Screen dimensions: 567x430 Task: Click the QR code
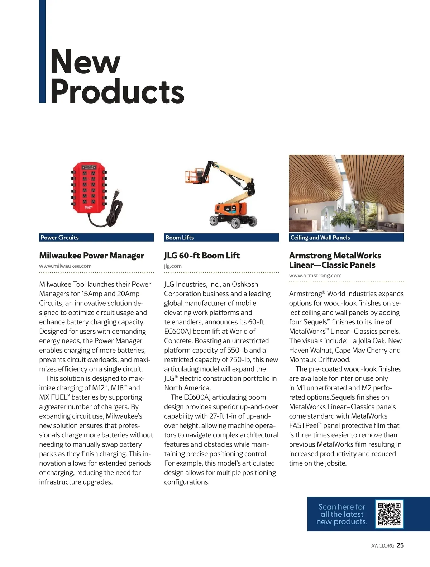(389, 514)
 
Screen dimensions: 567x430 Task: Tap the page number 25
(400, 545)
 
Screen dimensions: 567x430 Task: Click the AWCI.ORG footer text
(382, 545)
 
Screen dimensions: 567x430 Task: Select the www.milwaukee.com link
(65, 266)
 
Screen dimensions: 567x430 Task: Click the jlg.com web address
(173, 266)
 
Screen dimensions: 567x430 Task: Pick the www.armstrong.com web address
(315, 275)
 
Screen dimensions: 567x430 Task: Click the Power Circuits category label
(59, 238)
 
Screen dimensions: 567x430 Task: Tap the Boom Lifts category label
(180, 238)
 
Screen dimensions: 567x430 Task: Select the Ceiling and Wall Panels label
(320, 238)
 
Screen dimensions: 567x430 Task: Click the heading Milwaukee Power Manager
(91, 256)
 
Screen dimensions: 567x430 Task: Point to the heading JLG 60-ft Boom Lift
(202, 256)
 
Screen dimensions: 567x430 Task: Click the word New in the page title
(85, 62)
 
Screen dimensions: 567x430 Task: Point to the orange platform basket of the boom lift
(193, 175)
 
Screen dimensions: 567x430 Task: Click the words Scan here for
(342, 507)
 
